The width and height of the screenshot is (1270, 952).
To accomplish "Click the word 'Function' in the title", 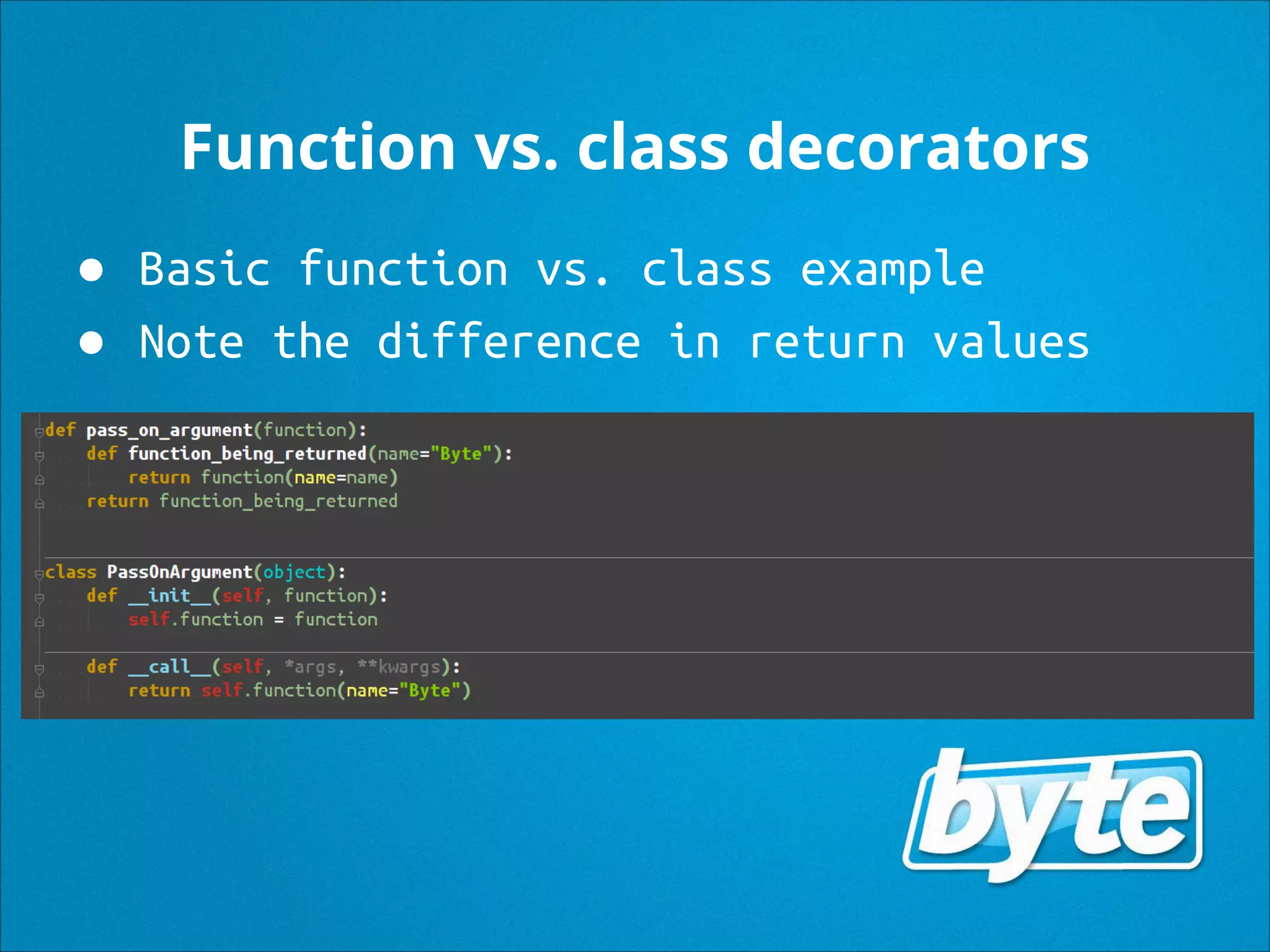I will pos(318,148).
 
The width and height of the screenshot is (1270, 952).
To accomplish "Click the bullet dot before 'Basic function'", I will pos(92,270).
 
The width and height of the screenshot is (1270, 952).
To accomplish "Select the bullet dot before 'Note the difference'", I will pos(92,343).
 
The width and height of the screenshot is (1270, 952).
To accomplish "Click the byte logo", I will pos(1053,814).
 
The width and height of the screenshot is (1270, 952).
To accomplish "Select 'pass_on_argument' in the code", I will pos(169,430).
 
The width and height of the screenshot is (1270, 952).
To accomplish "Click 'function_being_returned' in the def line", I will pos(247,454).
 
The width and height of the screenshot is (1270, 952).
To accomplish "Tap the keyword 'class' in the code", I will pos(71,571).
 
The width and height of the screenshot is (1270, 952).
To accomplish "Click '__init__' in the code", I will pos(169,596).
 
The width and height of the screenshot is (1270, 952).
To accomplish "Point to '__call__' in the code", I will pos(169,667).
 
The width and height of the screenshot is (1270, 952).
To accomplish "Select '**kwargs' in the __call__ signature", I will pos(399,667).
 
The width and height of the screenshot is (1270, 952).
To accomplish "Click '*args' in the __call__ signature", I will pos(310,667).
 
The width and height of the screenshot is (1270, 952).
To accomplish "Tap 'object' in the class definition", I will pos(295,571).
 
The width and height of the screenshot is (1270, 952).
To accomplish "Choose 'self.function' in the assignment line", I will pos(195,619).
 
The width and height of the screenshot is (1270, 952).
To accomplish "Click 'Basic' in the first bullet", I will pos(205,270).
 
